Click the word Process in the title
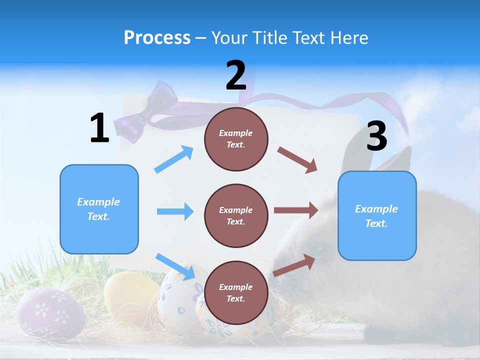157,37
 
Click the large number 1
99,128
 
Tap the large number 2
236,75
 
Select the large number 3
376,136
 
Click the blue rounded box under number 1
99,209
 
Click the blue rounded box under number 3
377,215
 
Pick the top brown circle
236,139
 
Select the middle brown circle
236,215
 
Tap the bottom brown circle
236,292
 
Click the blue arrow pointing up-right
174,159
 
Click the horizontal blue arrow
175,211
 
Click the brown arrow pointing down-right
297,160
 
